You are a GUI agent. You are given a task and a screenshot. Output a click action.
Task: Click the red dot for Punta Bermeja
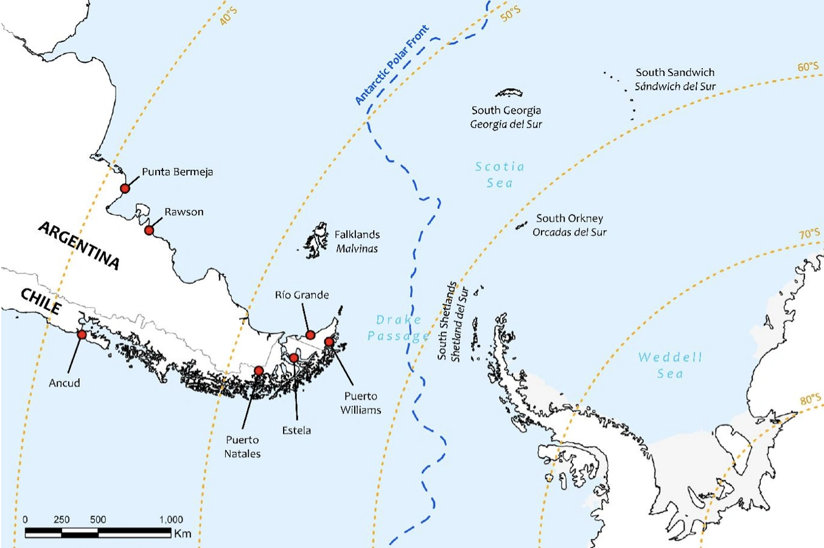[125, 188]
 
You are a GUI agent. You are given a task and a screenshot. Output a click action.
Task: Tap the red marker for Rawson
[149, 230]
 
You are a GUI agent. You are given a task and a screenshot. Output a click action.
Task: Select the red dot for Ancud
[82, 334]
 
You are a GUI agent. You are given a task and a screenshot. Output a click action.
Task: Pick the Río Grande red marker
[310, 335]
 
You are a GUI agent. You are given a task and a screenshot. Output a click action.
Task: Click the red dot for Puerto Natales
[259, 370]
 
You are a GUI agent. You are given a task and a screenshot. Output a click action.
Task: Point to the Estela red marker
[294, 357]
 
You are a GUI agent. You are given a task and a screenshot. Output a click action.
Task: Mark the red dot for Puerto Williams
[329, 342]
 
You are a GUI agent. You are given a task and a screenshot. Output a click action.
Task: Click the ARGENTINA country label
[79, 245]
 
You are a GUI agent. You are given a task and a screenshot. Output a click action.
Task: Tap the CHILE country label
[41, 301]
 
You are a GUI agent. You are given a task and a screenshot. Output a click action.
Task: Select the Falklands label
[357, 234]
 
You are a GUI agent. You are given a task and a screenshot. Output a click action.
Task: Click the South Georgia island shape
[509, 93]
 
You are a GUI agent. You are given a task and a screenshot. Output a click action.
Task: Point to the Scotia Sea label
[500, 175]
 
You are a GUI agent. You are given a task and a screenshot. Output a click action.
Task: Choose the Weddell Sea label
[670, 365]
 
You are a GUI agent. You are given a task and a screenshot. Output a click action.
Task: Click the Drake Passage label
[398, 328]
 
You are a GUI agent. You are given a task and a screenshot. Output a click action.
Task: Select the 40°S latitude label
[228, 16]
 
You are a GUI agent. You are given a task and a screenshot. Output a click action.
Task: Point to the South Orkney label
[570, 218]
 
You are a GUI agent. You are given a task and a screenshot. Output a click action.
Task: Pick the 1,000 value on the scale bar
[171, 519]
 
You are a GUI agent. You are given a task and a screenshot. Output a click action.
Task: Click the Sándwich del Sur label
[675, 86]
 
